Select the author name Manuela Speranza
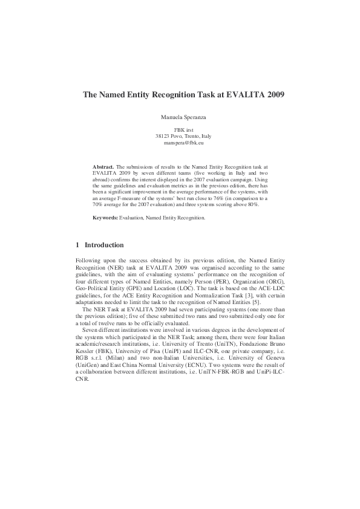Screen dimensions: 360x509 click(x=180, y=115)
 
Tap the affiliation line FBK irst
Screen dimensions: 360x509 click(x=180, y=130)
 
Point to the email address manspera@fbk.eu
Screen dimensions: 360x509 click(x=180, y=143)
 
